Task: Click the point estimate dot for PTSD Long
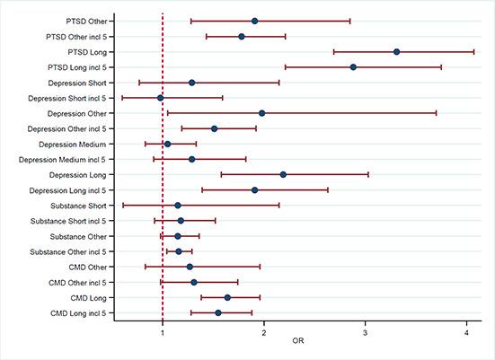396,52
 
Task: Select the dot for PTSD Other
255,21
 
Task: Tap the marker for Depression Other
261,113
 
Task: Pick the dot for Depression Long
283,174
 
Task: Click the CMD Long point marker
227,297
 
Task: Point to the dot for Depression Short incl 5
161,98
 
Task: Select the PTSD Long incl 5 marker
353,67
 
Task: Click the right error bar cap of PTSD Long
473,52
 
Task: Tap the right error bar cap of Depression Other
437,113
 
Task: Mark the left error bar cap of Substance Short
123,206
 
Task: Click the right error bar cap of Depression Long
368,174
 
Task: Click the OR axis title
297,347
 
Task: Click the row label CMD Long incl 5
82,312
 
